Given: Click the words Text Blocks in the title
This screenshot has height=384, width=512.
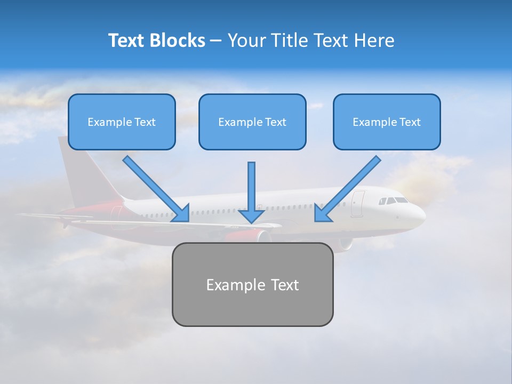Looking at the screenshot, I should [x=156, y=41].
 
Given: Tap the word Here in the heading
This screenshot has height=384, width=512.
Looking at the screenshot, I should [x=374, y=41].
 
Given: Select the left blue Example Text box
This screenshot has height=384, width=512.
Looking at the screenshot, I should [x=122, y=122].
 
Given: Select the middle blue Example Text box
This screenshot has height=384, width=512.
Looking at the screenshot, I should [x=252, y=122].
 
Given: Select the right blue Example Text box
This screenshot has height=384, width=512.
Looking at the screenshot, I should [x=387, y=122].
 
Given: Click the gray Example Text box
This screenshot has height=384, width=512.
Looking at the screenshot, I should [x=252, y=285].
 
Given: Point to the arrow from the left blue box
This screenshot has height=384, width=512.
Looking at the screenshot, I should [x=155, y=187].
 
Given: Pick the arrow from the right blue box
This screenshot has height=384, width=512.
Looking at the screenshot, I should [x=349, y=187].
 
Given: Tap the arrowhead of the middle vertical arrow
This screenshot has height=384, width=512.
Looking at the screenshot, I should [x=252, y=215].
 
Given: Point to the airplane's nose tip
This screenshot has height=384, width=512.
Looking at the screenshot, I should [x=424, y=216].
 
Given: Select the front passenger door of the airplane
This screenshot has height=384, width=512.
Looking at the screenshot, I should [x=357, y=204].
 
